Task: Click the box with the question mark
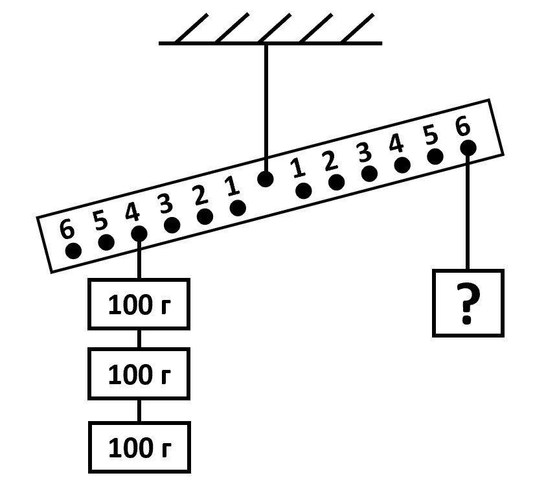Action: click(468, 303)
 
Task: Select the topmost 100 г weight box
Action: click(139, 304)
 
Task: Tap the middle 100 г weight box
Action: click(139, 374)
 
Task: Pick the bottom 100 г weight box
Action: click(139, 447)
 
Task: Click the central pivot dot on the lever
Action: click(265, 179)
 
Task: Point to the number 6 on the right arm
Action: click(462, 127)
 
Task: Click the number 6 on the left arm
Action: click(66, 229)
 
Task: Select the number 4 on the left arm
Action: click(132, 212)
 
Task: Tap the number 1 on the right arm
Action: click(297, 168)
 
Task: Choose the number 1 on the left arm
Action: click(231, 187)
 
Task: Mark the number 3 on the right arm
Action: click(364, 152)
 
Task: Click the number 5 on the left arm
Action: click(100, 220)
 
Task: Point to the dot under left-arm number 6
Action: click(74, 251)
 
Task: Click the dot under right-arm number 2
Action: click(336, 182)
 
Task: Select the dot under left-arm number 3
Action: click(172, 225)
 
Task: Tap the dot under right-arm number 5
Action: click(435, 156)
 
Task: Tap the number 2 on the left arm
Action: click(199, 196)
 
